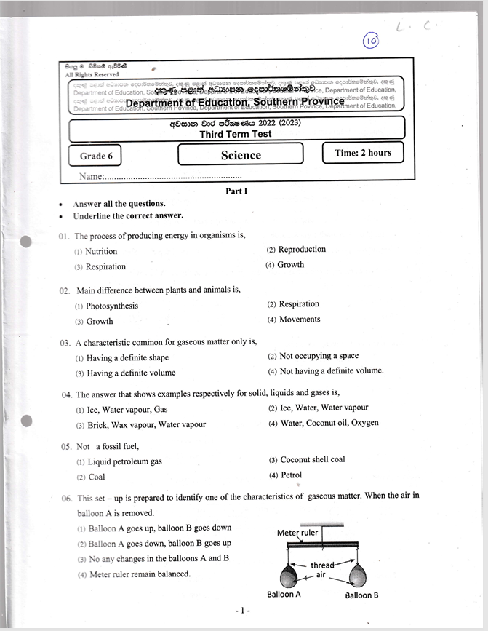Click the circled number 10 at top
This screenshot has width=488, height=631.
(x=371, y=41)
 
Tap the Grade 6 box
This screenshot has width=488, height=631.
(x=95, y=156)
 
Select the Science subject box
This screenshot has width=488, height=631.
(x=241, y=154)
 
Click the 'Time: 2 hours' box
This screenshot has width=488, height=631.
(x=363, y=153)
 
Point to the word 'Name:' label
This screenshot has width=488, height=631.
(x=92, y=177)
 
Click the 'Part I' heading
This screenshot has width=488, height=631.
(x=236, y=191)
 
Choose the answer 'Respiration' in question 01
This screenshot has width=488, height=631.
(x=105, y=266)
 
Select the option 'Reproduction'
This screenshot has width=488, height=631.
(x=302, y=249)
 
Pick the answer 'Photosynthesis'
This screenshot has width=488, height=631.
(x=111, y=306)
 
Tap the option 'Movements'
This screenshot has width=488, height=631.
(x=299, y=319)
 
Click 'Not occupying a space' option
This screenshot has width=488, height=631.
(x=319, y=356)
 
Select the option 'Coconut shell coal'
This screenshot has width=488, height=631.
(x=312, y=459)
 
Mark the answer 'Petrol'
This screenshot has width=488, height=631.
(x=290, y=475)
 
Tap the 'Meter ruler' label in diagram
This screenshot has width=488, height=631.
(x=298, y=533)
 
